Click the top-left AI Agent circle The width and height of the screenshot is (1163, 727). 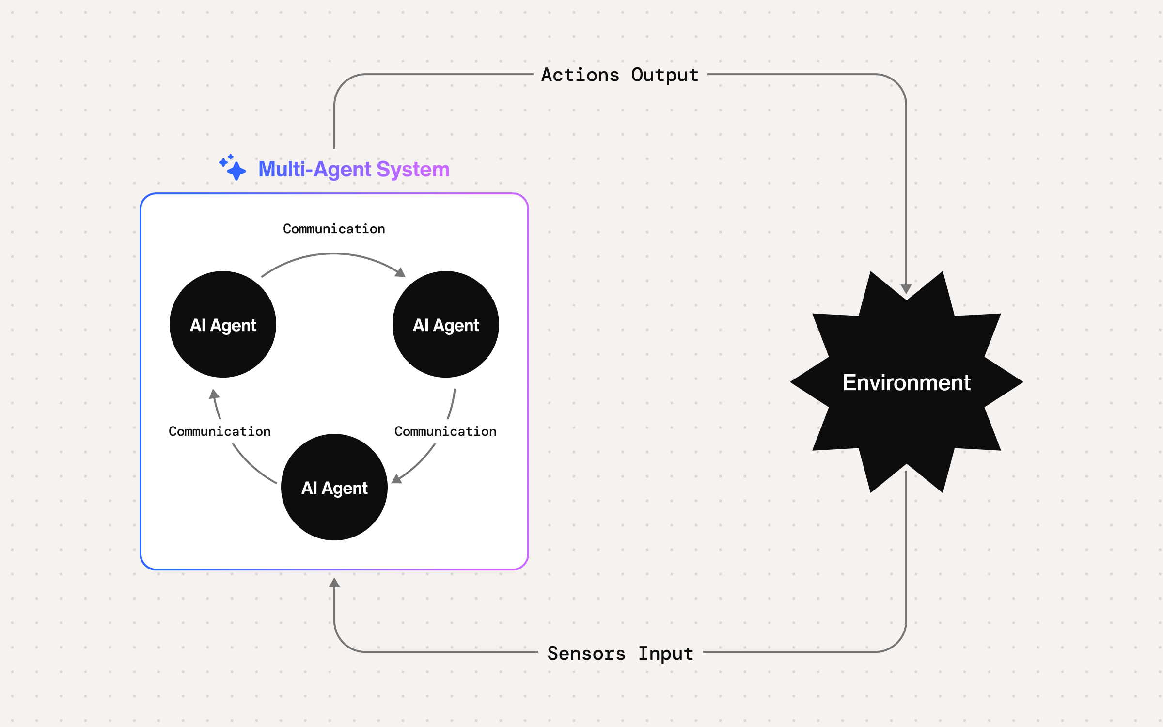223,324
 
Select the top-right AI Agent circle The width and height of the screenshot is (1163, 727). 446,324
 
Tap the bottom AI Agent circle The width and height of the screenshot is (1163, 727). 334,487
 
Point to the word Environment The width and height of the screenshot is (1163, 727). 906,382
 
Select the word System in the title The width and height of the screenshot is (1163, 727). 413,169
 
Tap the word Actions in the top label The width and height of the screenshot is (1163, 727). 580,75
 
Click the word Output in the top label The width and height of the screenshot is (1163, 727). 665,75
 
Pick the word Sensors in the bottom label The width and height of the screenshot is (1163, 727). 586,653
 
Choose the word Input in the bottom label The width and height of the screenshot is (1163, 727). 665,653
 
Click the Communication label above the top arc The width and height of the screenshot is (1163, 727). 334,229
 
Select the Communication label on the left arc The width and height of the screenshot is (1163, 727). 220,431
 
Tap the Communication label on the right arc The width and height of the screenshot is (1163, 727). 445,431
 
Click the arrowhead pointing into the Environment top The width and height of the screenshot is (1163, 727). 906,289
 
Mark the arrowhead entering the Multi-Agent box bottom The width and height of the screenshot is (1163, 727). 334,583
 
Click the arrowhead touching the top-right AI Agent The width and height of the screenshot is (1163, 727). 400,272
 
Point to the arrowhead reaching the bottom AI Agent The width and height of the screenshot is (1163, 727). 396,479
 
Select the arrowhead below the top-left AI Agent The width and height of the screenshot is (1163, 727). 214,394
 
